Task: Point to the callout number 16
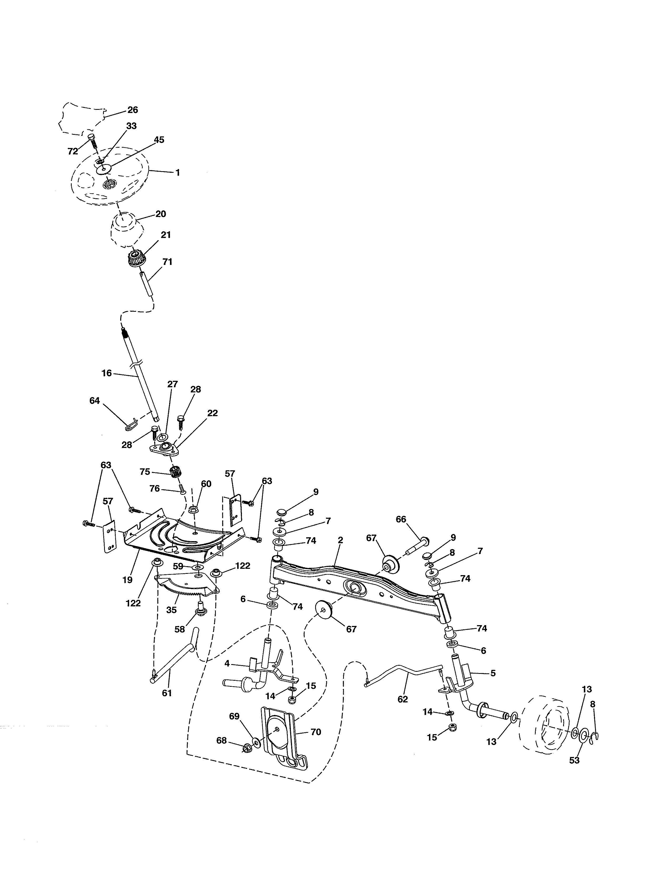107,373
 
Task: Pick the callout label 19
127,580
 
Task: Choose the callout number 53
574,761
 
